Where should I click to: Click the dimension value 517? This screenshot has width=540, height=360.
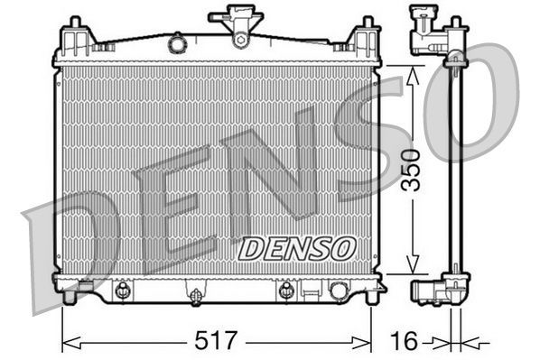point(217,341)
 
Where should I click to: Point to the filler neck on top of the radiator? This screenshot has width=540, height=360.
point(237,16)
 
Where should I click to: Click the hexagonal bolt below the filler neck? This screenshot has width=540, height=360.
point(240,38)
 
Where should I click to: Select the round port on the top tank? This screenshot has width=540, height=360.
point(178,42)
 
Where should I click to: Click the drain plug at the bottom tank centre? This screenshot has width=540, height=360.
point(195,293)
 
